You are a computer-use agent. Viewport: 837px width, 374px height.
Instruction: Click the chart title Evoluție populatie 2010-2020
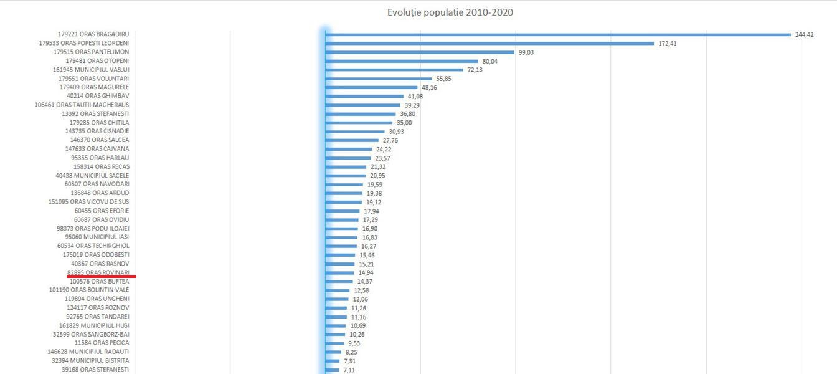coord(450,12)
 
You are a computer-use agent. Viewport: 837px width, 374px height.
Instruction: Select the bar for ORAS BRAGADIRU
coord(557,35)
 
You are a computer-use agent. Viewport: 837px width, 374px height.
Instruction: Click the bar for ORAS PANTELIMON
coord(420,52)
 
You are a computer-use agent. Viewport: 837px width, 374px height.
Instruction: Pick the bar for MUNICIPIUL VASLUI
coord(394,70)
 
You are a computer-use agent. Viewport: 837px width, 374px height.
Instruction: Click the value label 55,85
coord(443,79)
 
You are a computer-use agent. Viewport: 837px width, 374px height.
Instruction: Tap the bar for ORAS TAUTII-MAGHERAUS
coord(362,105)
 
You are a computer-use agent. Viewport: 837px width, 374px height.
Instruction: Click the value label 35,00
coord(404,123)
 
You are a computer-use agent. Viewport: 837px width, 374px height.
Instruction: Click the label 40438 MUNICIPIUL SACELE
coord(92,176)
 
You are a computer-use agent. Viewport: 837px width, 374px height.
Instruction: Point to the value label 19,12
coord(374,203)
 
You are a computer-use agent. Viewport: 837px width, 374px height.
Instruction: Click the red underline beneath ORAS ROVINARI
coord(102,276)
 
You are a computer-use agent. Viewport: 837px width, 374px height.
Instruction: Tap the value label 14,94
coord(366,273)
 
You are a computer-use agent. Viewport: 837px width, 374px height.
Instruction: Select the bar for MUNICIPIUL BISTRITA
coord(333,361)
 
